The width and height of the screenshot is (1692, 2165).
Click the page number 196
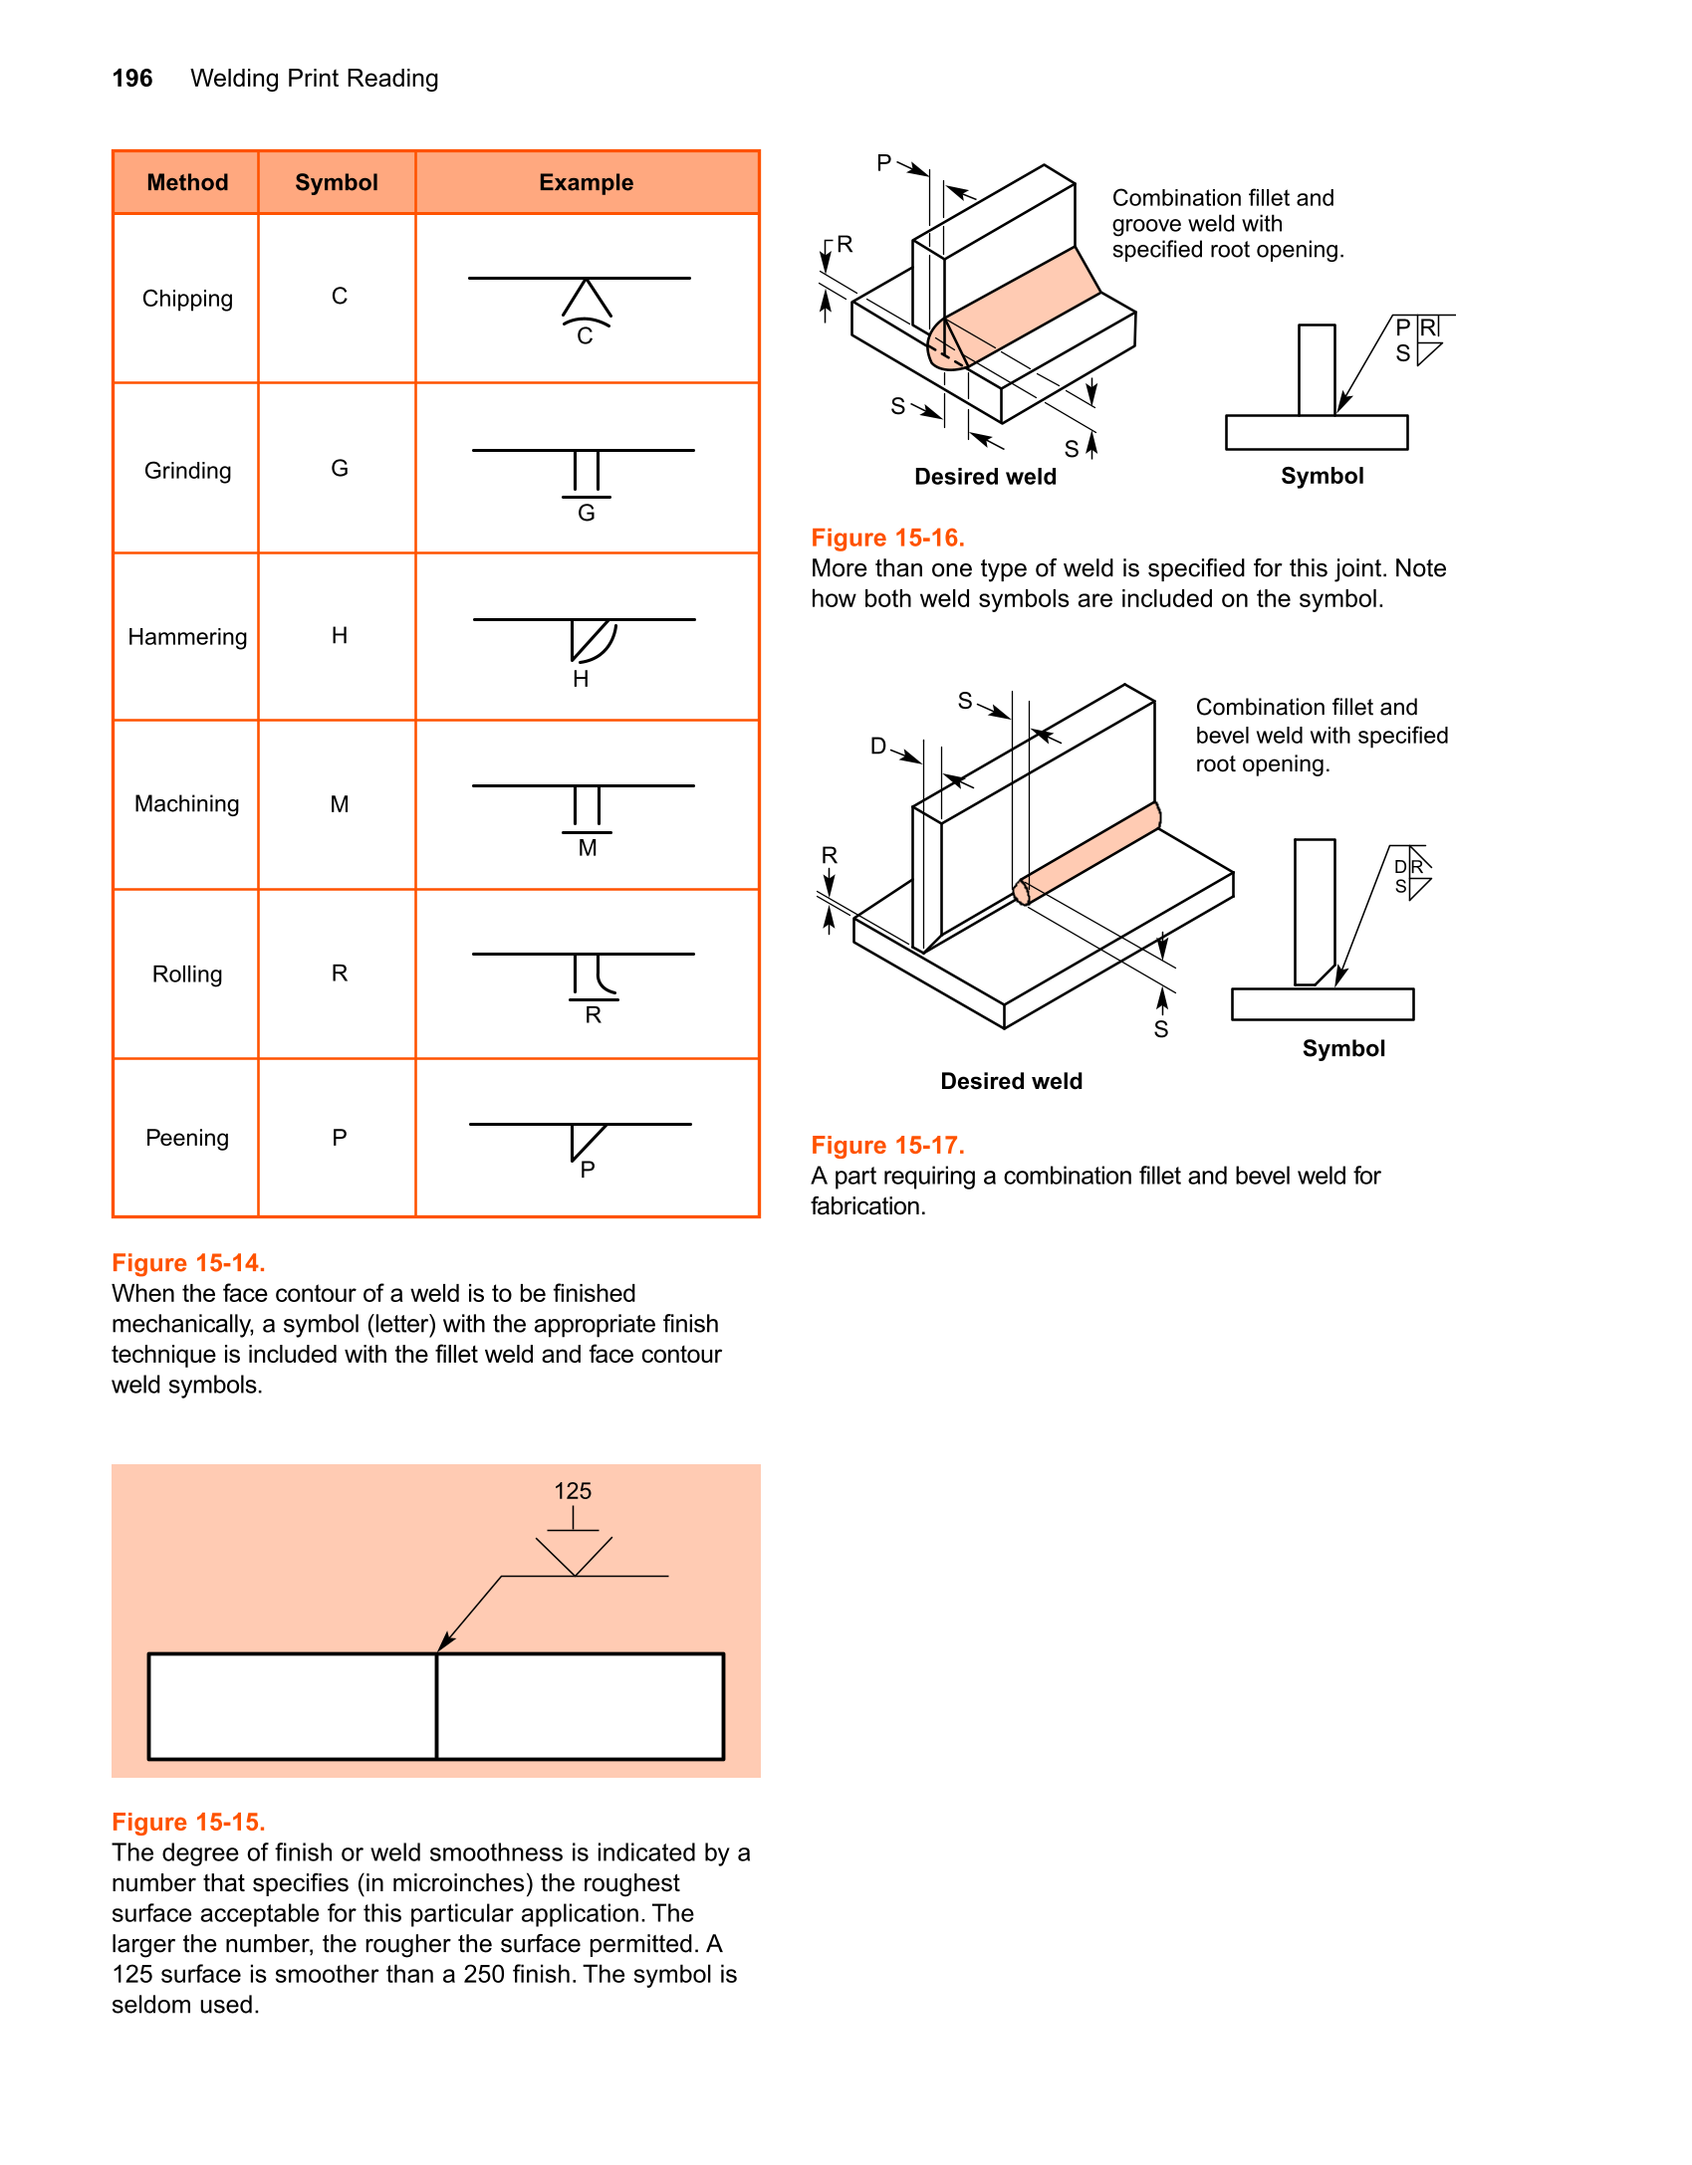(131, 79)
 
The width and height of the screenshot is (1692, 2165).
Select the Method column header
(187, 183)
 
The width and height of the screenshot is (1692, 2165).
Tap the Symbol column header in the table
(337, 183)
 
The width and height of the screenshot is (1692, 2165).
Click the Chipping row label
(187, 299)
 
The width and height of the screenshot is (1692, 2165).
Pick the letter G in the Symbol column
(340, 469)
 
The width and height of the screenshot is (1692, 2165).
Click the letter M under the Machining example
(588, 848)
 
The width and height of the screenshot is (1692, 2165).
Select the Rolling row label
(187, 974)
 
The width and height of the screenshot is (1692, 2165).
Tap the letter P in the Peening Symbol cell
(340, 1138)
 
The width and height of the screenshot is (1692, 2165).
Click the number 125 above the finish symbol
(573, 1491)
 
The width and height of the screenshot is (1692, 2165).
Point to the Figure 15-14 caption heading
(188, 1263)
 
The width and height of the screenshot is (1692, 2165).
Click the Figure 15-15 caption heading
(188, 1823)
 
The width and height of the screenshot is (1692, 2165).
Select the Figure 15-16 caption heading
(887, 539)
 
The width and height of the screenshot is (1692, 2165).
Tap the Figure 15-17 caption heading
(887, 1146)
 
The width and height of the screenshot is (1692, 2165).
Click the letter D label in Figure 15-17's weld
(877, 747)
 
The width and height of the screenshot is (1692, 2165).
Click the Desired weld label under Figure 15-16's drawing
(985, 477)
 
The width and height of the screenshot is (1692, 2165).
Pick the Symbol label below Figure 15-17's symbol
(1343, 1049)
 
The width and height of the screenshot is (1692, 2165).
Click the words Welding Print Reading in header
(314, 79)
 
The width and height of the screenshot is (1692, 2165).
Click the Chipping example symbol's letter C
(585, 336)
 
